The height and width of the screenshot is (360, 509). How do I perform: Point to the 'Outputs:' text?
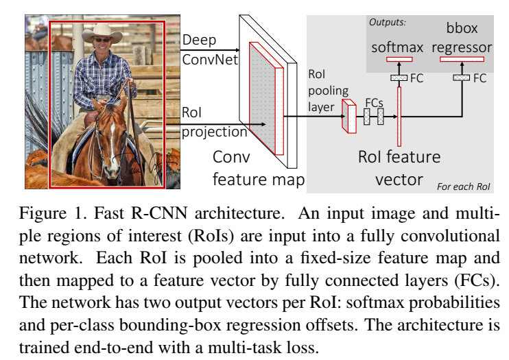pos(388,22)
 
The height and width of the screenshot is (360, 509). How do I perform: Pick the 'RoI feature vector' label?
pos(399,168)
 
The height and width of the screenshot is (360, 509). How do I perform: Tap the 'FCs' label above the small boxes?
pos(374,101)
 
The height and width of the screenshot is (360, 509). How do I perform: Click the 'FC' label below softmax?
pos(416,77)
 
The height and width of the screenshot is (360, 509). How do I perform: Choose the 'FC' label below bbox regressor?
pos(480,78)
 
